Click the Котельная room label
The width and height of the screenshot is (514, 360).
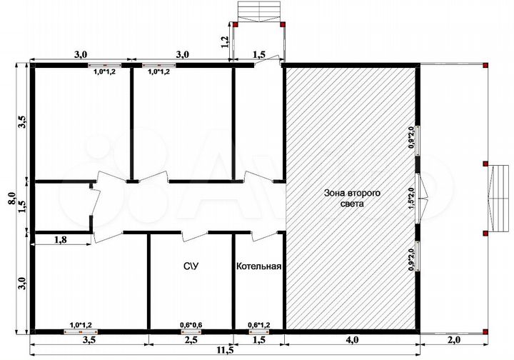(259, 266)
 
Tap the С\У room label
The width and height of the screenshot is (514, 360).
(191, 266)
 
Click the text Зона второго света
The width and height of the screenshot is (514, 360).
(353, 198)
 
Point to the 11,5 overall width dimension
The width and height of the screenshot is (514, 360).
(225, 350)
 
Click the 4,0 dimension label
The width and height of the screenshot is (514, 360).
(352, 340)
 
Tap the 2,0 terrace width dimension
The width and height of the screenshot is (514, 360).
(454, 340)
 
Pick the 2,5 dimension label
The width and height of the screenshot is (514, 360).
(191, 340)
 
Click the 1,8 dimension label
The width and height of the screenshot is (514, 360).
(60, 240)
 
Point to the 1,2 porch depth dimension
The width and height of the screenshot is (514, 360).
(225, 42)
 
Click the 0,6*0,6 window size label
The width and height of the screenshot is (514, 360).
(191, 325)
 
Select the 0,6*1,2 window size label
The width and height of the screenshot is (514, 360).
(259, 325)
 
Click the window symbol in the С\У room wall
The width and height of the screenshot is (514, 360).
(191, 332)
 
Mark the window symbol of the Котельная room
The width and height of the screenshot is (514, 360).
(259, 332)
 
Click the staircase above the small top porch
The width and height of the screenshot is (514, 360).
(259, 11)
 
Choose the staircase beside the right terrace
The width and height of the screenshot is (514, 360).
(499, 199)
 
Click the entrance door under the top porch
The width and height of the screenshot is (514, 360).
(267, 61)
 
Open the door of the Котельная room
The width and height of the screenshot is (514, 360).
(265, 236)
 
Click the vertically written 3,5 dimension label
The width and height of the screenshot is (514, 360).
(22, 122)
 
